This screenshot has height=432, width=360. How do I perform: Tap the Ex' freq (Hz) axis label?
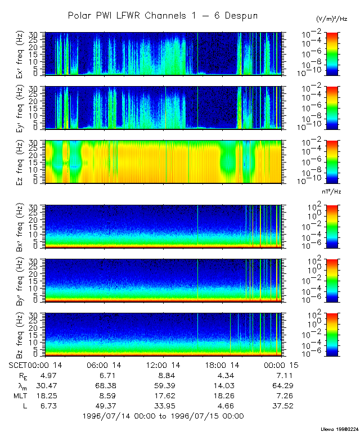coord(20,54)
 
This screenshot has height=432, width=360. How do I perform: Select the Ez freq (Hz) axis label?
coord(20,163)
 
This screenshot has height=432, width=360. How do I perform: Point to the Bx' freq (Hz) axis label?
coord(20,226)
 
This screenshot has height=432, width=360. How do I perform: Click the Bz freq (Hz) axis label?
coord(20,335)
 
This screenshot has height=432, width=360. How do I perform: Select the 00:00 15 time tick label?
coord(282,366)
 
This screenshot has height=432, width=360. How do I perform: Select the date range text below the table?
coord(163,416)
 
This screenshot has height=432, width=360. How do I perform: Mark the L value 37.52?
coord(282,406)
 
